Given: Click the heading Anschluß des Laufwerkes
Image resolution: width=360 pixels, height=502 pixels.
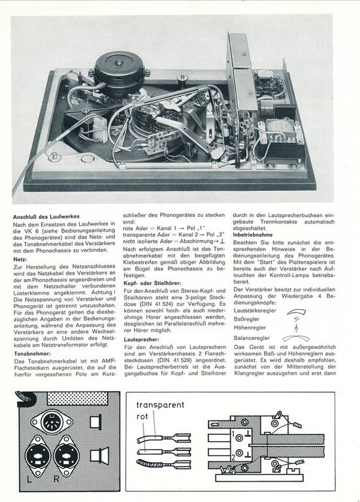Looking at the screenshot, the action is (46, 217).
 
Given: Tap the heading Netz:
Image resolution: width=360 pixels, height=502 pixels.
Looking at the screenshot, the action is (20, 259).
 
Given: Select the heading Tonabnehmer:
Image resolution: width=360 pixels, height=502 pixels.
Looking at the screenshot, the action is (32, 354).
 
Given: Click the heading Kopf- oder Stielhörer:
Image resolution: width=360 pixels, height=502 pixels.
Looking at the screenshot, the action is (152, 283).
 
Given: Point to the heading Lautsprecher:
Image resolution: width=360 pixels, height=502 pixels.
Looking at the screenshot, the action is (141, 339).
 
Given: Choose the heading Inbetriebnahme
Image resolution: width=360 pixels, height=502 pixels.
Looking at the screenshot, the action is (253, 235).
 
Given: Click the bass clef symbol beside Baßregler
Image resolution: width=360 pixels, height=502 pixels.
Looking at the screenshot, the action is (297, 319).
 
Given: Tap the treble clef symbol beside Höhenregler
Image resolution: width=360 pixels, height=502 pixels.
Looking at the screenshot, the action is (297, 328).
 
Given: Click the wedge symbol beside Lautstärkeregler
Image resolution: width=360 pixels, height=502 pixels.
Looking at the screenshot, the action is (297, 312).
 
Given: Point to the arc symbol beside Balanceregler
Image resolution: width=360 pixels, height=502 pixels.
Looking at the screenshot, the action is (296, 336).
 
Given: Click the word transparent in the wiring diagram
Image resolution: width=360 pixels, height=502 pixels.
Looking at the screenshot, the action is (160, 405).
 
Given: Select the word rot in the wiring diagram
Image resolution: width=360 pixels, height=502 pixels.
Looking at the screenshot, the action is (142, 417).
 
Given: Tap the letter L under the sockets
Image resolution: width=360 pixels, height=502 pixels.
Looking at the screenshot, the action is (29, 479).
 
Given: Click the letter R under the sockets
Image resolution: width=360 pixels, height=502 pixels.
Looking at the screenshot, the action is (56, 479).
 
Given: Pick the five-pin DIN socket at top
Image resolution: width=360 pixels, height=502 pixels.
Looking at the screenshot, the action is (52, 423).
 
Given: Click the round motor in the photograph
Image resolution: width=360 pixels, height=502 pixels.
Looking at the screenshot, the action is (118, 75).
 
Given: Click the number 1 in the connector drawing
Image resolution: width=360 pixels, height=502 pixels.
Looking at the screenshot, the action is (233, 434).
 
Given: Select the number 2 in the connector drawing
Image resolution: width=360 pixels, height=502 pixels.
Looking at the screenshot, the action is (233, 458).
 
